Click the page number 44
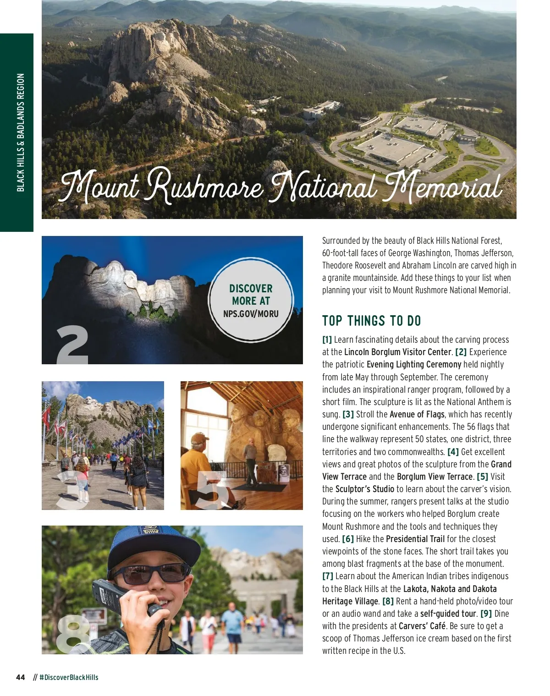pyautogui.click(x=21, y=677)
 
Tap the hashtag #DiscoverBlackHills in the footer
pyautogui.click(x=69, y=677)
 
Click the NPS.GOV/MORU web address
pyautogui.click(x=251, y=314)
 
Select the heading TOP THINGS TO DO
pyautogui.click(x=371, y=321)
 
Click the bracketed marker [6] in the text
pyautogui.click(x=348, y=539)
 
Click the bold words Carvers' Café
pyautogui.click(x=422, y=626)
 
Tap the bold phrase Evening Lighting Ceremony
pyautogui.click(x=414, y=364)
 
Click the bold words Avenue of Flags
pyautogui.click(x=417, y=414)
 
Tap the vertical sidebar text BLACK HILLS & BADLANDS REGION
pyautogui.click(x=21, y=132)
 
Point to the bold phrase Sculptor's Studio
pyautogui.click(x=365, y=489)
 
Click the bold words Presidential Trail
pyautogui.click(x=415, y=539)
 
